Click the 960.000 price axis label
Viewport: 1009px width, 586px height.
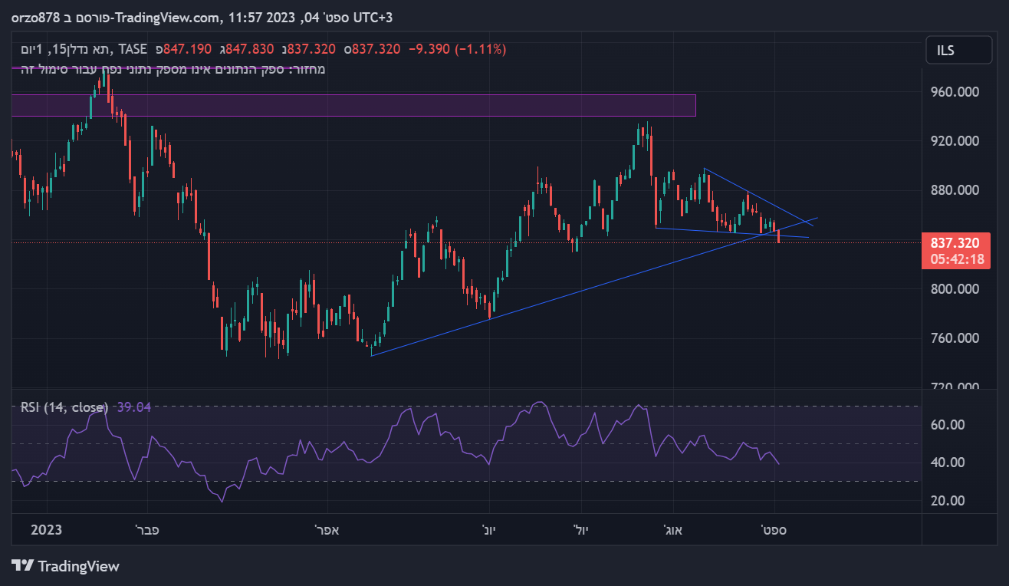point(955,92)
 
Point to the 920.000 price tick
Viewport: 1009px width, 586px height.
point(955,141)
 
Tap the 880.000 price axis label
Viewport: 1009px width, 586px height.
point(955,190)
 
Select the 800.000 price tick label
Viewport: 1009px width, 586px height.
point(955,289)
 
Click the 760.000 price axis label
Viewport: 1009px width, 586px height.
point(955,338)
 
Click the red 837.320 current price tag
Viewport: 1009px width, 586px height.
point(955,243)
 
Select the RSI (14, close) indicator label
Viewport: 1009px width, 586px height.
point(64,407)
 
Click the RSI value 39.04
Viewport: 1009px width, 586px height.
point(133,407)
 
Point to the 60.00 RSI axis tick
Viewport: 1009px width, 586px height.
point(948,425)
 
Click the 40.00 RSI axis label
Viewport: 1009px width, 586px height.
point(948,463)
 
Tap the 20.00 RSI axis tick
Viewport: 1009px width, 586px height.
point(948,501)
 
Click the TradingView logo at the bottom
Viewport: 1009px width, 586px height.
point(66,566)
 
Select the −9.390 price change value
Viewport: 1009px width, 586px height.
point(429,49)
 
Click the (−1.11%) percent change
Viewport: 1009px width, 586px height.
point(481,49)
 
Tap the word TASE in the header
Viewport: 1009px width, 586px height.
point(133,49)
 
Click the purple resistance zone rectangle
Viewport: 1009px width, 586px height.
point(353,105)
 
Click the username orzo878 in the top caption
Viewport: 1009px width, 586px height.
point(35,17)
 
